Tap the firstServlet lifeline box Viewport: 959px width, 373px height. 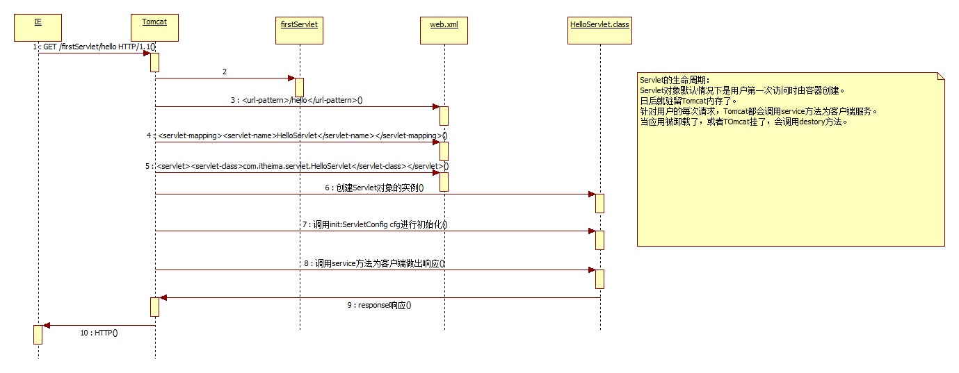click(x=299, y=28)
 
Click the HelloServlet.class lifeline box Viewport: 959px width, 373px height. click(x=599, y=29)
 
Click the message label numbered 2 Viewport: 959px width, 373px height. click(x=225, y=72)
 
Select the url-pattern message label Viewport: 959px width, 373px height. click(x=297, y=100)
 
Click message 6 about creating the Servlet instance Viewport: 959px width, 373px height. click(x=373, y=188)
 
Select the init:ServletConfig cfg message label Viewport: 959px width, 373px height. click(x=374, y=224)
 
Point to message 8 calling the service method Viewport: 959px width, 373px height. click(x=374, y=263)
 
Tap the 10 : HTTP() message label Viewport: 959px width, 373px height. click(x=99, y=333)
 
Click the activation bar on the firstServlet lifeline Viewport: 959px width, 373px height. click(x=299, y=87)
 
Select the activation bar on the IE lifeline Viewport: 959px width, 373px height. click(x=38, y=334)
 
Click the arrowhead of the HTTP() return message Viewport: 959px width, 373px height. click(x=46, y=325)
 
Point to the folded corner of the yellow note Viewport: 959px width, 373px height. click(x=940, y=76)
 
